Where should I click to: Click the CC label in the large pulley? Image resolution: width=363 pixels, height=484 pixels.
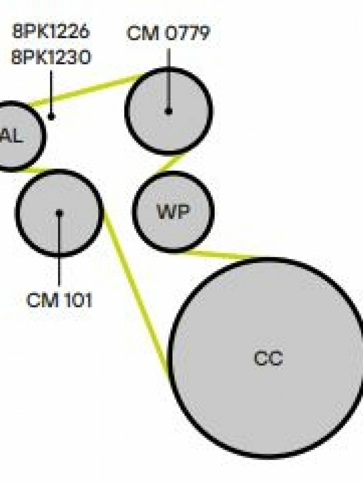pos(268,358)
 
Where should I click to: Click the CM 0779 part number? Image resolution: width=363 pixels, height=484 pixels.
pos(168,34)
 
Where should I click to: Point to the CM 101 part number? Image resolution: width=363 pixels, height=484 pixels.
pos(59,300)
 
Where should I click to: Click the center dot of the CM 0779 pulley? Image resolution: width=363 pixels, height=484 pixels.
pos(169,111)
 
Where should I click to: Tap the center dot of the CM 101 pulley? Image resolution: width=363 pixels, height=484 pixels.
pos(59,212)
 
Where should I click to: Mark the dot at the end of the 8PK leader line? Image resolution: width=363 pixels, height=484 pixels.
pos(51,117)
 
